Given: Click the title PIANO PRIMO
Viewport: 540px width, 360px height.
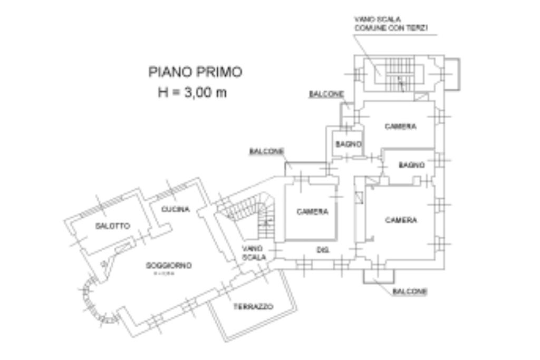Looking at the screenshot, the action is pos(195,72).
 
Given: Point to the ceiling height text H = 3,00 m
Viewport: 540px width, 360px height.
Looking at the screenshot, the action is pos(192,92).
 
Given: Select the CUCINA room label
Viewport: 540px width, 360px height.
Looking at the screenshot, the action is pos(176,209).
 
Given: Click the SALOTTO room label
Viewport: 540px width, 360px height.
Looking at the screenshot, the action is pos(112,226).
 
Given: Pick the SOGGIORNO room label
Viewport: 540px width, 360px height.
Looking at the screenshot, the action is pos(169,265).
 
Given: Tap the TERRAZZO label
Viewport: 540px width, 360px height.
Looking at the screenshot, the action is pos(254,306).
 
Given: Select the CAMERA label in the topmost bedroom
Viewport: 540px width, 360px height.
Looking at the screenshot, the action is pos(400,127).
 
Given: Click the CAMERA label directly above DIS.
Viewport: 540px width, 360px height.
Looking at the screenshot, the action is pos(312,212).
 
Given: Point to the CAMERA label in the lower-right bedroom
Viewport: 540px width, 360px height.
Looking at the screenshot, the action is pos(401,220).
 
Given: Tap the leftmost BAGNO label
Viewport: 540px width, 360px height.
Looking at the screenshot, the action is pos(349,144).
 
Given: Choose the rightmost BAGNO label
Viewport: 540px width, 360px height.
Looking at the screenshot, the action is pos(411,165).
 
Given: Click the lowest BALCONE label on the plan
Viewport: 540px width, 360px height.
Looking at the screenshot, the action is pos(410,291).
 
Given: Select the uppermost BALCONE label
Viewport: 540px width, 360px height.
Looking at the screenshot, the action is pos(326,94).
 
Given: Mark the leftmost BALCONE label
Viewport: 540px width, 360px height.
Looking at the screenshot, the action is pos(266,151).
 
